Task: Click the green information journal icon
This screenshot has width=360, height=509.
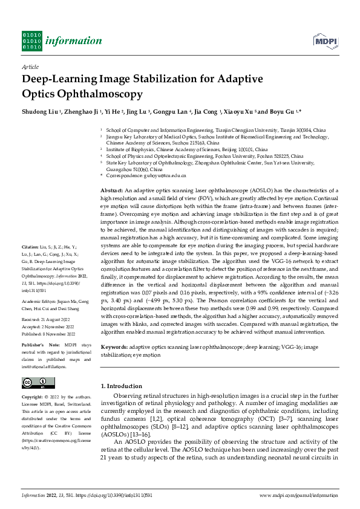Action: (x=31, y=41)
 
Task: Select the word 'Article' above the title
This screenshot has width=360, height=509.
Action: (x=30, y=66)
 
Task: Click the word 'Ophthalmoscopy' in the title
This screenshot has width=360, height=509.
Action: (x=82, y=94)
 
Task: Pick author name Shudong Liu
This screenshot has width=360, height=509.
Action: (x=41, y=112)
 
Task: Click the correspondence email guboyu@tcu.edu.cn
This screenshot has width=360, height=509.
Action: (x=163, y=175)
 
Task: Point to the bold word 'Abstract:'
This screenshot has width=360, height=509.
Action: (x=112, y=190)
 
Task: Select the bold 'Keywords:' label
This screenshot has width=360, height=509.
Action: (x=114, y=347)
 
